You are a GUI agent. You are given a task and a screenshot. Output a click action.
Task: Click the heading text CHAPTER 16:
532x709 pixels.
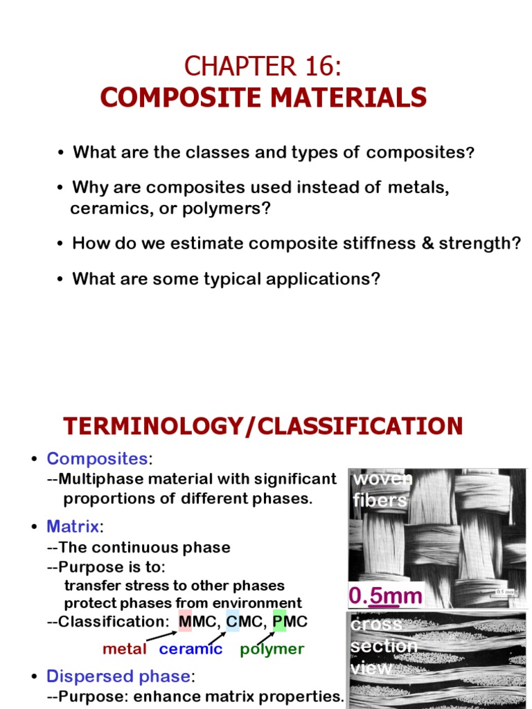263,68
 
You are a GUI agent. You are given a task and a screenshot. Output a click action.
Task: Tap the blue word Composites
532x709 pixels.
97,458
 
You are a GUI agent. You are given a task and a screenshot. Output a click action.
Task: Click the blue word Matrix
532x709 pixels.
73,526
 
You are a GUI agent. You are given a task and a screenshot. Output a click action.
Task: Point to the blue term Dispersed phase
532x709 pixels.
117,676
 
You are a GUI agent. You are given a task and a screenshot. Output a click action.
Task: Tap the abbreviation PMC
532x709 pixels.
290,622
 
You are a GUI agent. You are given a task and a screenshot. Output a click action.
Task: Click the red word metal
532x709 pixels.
125,649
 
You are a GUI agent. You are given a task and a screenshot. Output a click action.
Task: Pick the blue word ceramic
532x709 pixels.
190,649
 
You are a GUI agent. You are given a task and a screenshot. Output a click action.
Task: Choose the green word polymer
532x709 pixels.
272,649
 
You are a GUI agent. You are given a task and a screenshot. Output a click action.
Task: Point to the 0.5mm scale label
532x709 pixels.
386,595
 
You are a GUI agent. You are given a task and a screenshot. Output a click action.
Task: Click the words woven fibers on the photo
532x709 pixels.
381,490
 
